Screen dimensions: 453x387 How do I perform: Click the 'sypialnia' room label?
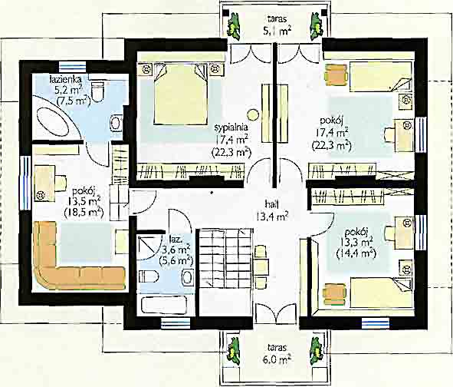tap(231, 127)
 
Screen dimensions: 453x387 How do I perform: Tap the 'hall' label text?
tap(271, 204)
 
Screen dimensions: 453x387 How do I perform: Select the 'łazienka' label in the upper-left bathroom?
tap(65, 78)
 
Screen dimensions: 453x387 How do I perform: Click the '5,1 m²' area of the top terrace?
tap(277, 31)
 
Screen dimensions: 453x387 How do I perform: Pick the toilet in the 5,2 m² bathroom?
tap(97, 91)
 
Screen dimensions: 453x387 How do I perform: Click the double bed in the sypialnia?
tap(181, 94)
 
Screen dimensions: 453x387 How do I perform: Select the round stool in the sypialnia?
tap(254, 114)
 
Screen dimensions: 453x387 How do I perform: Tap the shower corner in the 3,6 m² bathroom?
tap(149, 246)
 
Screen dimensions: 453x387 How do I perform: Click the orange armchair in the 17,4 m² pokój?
tap(336, 75)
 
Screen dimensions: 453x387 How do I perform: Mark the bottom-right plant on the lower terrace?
tap(316, 351)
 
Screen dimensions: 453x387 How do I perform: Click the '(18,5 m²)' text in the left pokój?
tap(84, 213)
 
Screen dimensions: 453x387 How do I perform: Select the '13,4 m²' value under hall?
tap(271, 217)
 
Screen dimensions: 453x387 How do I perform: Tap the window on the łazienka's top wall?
tap(73, 68)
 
